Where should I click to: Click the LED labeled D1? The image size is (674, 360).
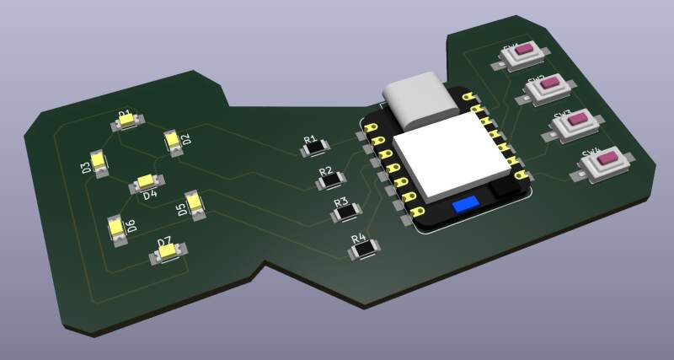click(x=129, y=121)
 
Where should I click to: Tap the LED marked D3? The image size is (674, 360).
click(x=99, y=163)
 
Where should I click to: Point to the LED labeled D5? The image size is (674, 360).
click(x=195, y=204)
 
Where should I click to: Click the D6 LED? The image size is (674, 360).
click(x=117, y=228)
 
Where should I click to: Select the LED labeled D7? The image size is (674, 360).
click(x=168, y=250)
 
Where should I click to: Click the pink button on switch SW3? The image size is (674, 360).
click(x=575, y=120)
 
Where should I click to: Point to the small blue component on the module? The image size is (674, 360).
click(x=464, y=204)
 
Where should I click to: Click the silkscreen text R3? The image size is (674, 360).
click(x=341, y=202)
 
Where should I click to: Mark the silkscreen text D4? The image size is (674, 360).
click(x=150, y=196)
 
